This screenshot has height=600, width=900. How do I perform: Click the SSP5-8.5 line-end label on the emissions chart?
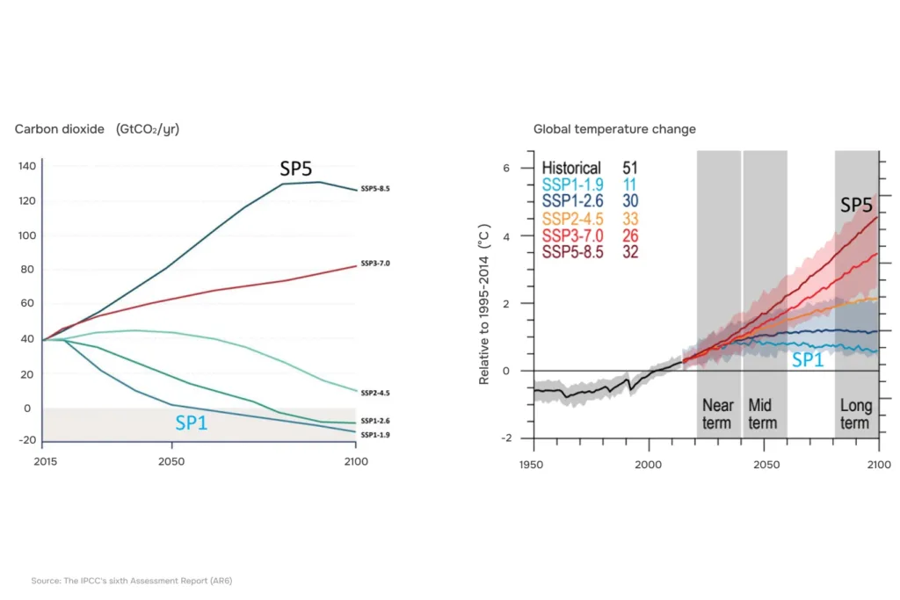coord(374,189)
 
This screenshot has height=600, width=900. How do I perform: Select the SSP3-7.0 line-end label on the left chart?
coord(374,264)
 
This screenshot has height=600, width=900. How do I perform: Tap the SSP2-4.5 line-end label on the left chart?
coord(374,393)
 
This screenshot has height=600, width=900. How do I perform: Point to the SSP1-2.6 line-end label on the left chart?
coord(374,421)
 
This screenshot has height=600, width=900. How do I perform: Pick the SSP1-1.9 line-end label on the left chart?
coord(374,435)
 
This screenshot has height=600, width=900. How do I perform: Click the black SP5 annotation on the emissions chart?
coord(295,169)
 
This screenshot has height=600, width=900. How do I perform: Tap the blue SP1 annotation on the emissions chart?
coord(191,423)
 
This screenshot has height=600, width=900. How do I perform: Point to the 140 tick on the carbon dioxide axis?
coord(27,166)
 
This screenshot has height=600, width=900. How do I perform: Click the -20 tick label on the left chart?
coord(27,440)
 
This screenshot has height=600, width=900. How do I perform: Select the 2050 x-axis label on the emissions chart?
coord(171,461)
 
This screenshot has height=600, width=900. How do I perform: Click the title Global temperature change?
coord(614,129)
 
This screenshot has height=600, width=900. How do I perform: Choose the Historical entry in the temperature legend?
coord(571,168)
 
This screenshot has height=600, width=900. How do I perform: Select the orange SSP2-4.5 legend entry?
coord(572,219)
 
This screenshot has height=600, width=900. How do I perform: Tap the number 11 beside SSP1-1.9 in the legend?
coord(629,184)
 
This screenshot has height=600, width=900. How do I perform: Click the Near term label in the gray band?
coord(717,414)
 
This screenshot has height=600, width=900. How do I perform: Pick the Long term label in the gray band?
coord(856,414)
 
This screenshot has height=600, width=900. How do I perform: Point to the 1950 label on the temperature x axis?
coord(531,465)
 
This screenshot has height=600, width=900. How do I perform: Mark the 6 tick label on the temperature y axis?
coord(506,168)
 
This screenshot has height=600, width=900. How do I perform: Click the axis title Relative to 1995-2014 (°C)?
coord(484,304)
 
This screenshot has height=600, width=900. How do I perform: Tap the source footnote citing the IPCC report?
coord(132,581)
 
